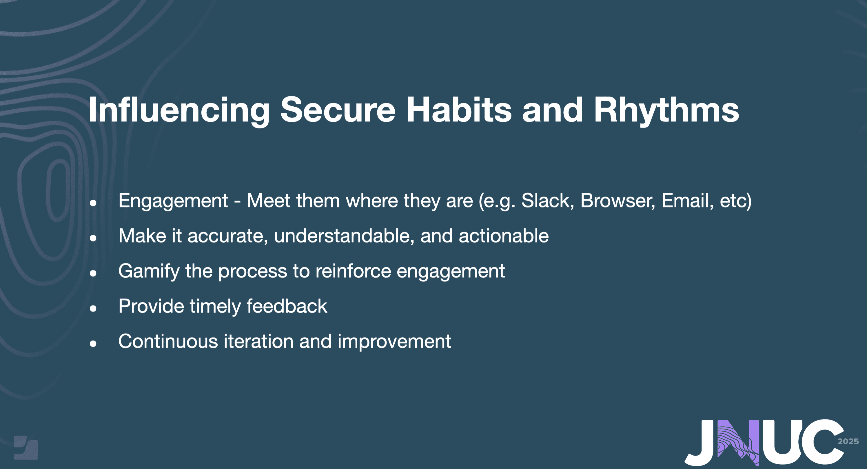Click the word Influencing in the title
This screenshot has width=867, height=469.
coord(179,110)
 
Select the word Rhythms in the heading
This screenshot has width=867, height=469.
coord(666,110)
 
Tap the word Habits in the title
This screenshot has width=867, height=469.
coord(459,110)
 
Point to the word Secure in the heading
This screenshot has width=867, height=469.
coord(338,110)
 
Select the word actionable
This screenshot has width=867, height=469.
coord(504,236)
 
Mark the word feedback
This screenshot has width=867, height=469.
coord(287,306)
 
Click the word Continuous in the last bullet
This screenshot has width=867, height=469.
coord(168,341)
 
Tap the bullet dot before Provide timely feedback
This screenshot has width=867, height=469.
coord(93,308)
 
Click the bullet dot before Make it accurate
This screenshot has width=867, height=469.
coord(93,238)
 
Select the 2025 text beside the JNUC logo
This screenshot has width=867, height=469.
coord(848,441)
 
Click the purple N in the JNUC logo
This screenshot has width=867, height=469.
coord(738,442)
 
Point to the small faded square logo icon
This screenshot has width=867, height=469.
coord(25,448)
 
